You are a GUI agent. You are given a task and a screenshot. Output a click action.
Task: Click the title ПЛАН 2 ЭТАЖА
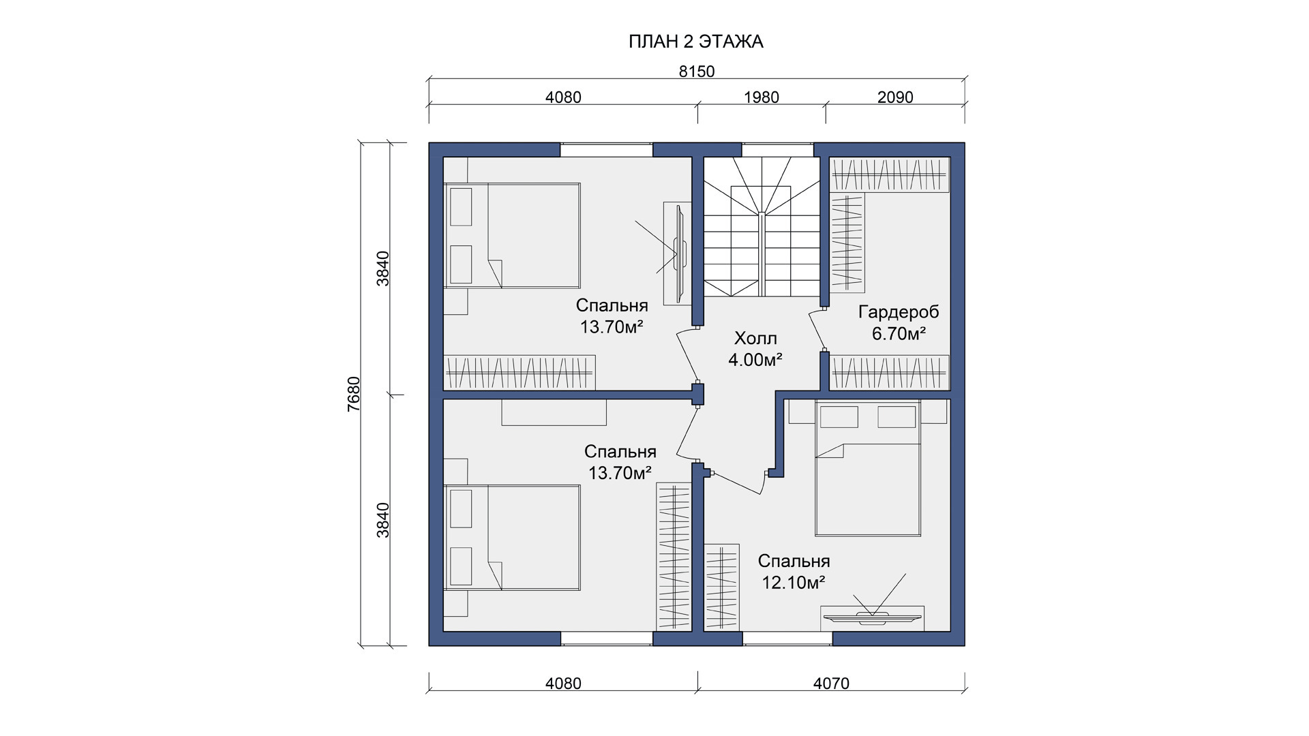[x=695, y=42]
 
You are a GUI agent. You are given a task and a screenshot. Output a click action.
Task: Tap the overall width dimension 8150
[x=697, y=72]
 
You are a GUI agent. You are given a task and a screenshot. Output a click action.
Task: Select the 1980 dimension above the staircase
[x=761, y=97]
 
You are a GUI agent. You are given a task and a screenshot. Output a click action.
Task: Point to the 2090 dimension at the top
[x=895, y=97]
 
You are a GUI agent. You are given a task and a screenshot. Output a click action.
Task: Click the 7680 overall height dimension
[x=353, y=394]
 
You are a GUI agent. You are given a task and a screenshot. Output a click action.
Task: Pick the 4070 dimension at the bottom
[x=831, y=683]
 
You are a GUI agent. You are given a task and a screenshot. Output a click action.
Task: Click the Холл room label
[x=755, y=338]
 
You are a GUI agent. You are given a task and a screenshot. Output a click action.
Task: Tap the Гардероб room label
[x=899, y=312]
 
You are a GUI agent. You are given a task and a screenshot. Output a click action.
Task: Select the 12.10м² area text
[x=794, y=583]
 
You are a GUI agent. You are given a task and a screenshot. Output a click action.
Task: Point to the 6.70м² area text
[x=899, y=334]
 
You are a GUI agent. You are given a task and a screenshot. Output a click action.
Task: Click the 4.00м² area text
[x=755, y=360]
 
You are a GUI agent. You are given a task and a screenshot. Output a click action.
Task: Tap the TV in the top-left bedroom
[x=680, y=254]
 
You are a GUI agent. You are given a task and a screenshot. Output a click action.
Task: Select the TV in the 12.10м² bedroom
[x=872, y=618]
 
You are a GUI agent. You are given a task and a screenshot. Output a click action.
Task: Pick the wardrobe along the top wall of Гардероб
[x=890, y=174]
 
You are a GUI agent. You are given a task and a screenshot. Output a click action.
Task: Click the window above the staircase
[x=778, y=149]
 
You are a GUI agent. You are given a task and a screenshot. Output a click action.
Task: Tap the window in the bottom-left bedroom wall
[x=607, y=639]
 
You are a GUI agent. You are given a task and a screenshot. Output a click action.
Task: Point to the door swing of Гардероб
[x=817, y=330]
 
